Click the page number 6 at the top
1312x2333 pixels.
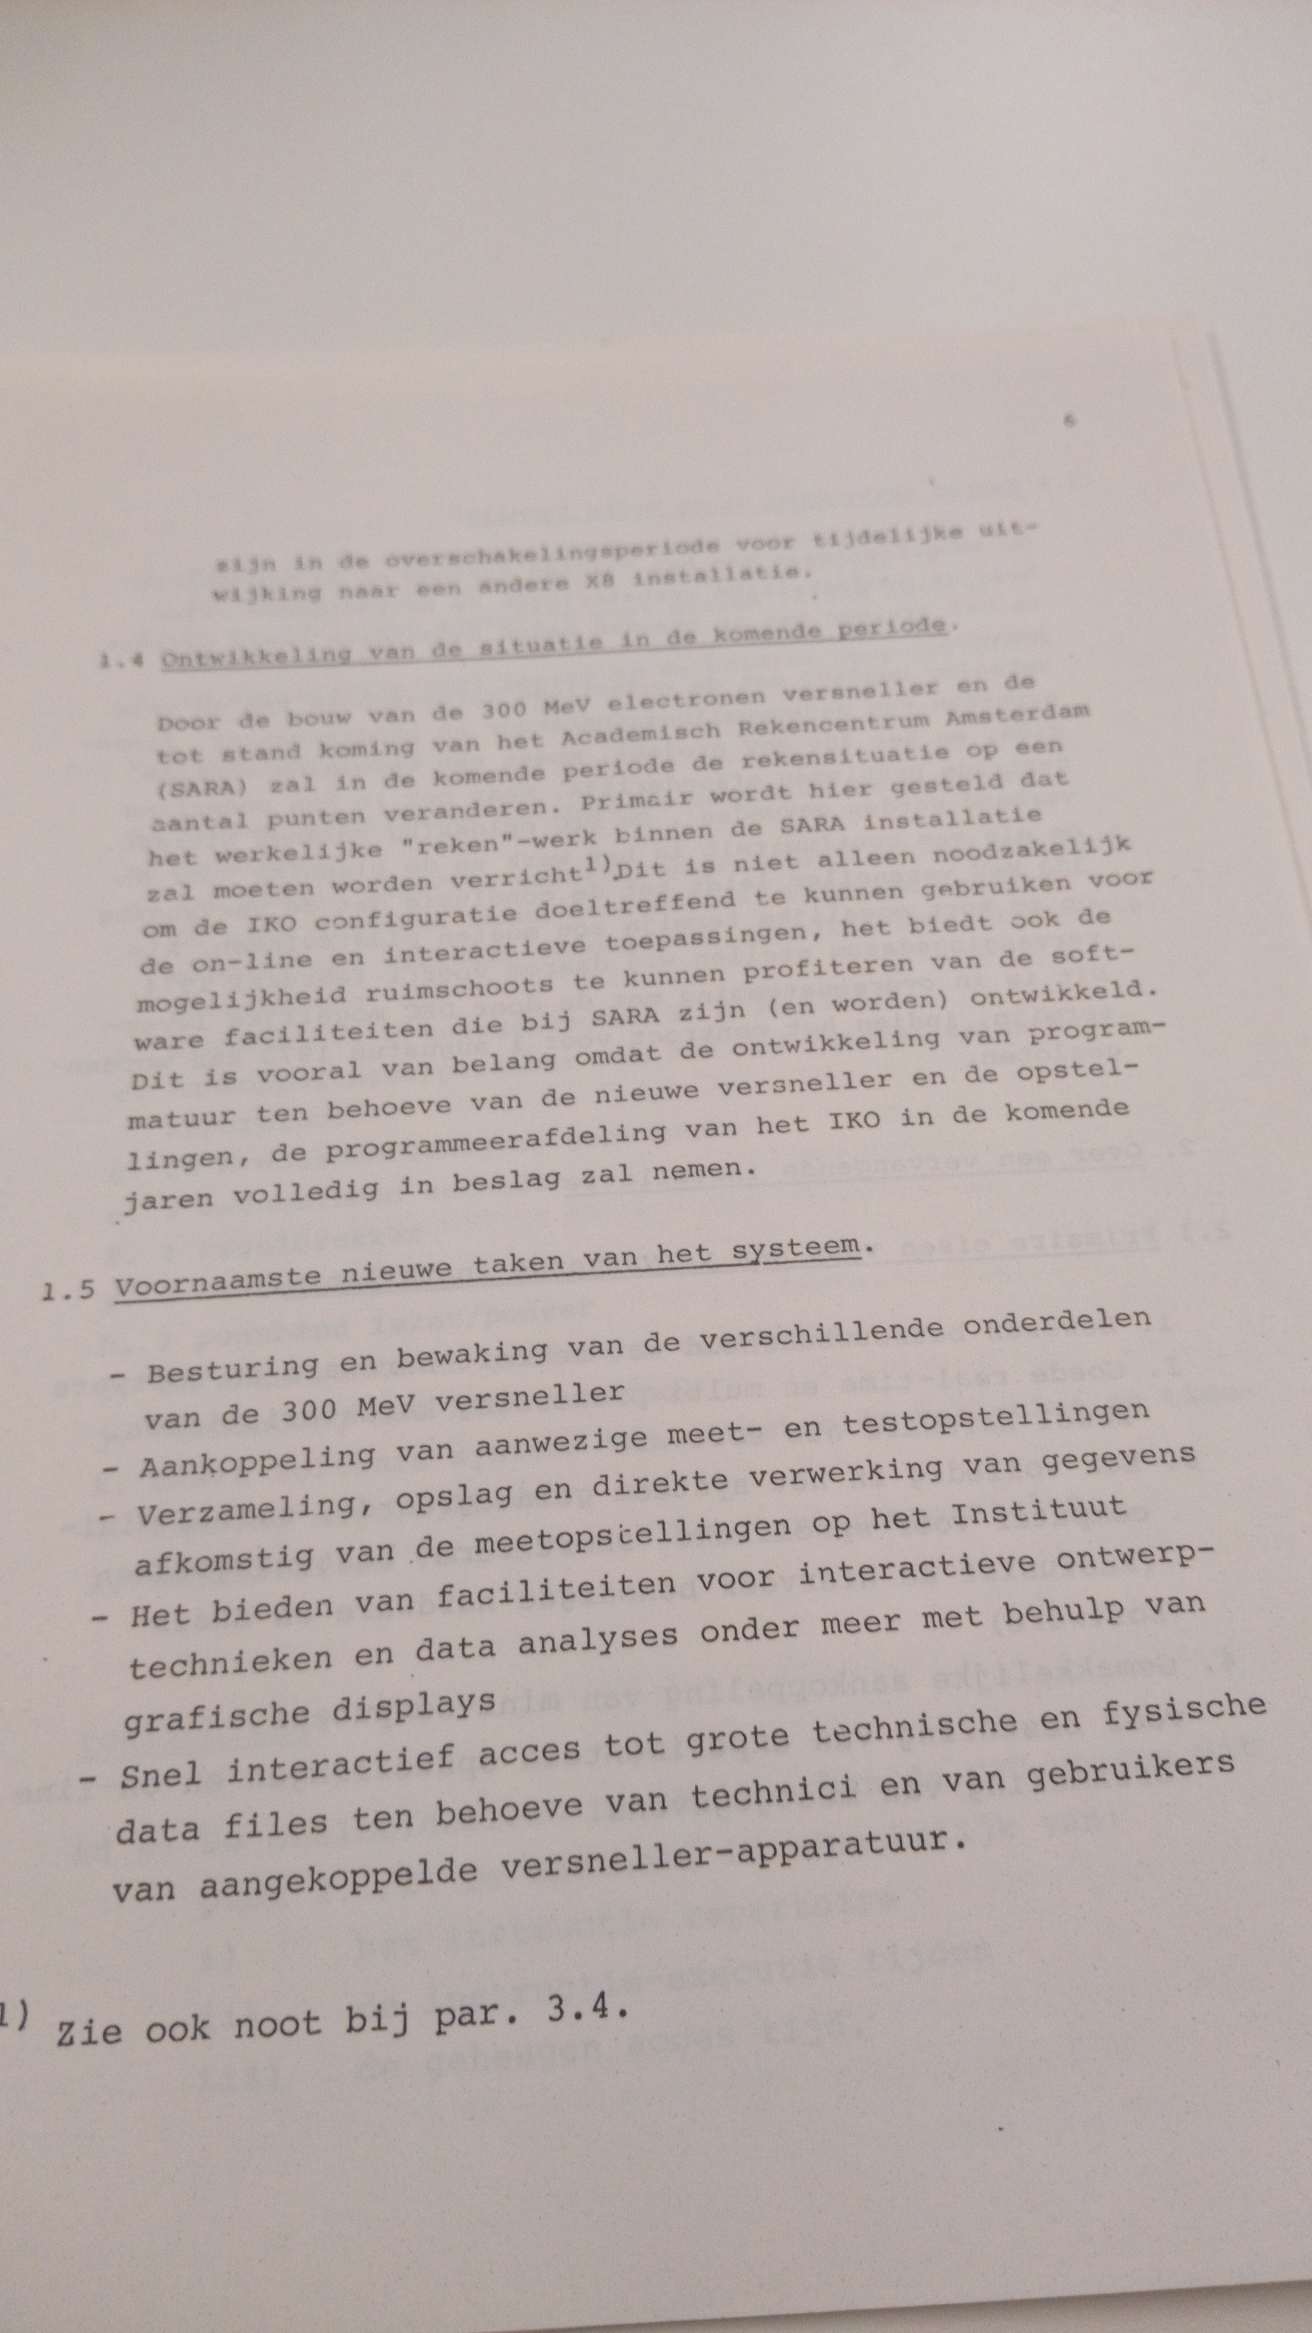(1069, 420)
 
